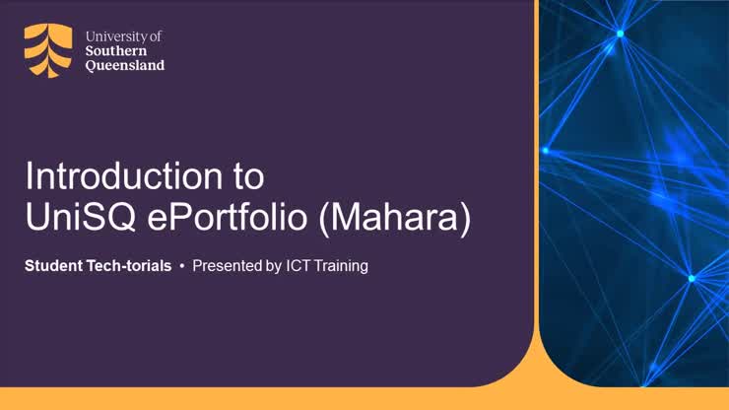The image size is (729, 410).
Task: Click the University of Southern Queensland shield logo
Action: click(47, 50)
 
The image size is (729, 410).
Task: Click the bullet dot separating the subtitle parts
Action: click(182, 266)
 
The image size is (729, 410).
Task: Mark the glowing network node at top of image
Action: click(620, 34)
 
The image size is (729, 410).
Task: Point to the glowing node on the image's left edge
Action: click(545, 151)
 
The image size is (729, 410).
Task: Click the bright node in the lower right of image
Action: click(692, 278)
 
